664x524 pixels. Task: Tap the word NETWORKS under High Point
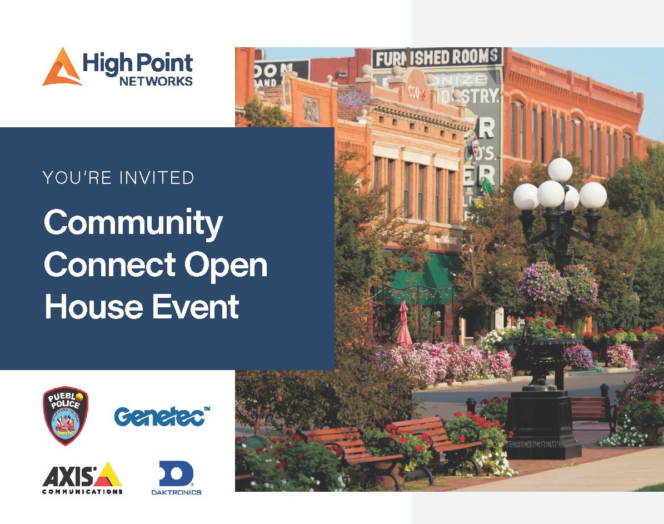156,81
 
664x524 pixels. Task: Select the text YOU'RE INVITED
118,178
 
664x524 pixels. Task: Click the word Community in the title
133,223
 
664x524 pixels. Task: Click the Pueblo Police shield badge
66,416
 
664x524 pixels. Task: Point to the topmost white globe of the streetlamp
560,169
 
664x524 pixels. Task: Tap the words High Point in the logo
137,63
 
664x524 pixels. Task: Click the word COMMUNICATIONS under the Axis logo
82,492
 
